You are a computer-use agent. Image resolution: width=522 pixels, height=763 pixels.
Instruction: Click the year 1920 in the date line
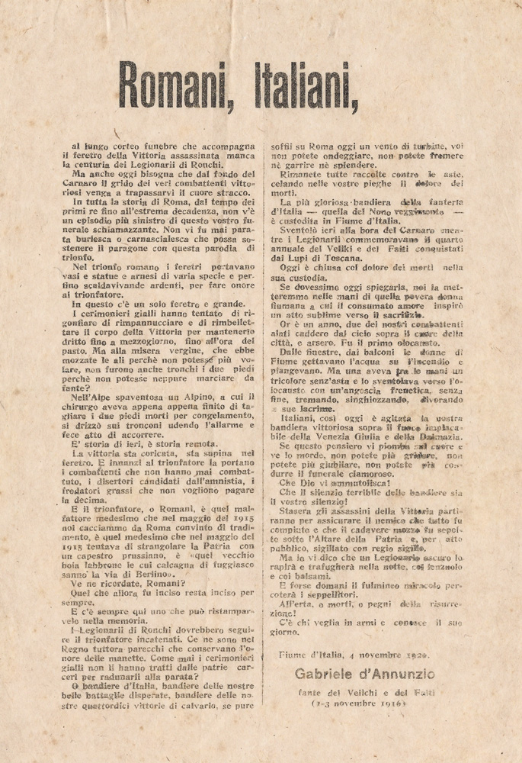pos(415,655)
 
